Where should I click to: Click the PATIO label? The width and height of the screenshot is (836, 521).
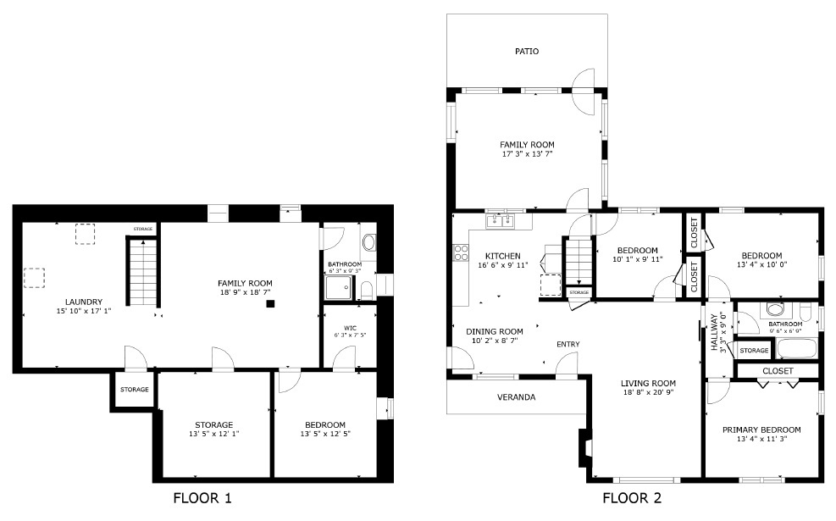526,51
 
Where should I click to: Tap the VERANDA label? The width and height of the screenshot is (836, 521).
516,397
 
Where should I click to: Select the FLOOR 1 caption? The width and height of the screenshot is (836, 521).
202,499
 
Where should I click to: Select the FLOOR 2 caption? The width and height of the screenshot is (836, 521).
632,499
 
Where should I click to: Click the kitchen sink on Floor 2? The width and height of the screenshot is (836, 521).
500,221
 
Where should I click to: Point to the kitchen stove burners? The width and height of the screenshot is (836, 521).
461,252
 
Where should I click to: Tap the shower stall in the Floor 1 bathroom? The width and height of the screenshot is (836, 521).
339,288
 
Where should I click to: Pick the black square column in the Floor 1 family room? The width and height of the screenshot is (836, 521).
270,304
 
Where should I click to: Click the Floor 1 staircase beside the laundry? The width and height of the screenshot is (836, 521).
143,273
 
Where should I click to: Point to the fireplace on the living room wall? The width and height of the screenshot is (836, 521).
585,448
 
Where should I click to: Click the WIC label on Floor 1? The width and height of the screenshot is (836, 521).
351,328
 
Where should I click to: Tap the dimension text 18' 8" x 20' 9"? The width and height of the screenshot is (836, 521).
648,392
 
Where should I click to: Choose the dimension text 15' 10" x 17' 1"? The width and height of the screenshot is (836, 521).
84,311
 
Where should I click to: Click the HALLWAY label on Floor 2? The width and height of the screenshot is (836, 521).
714,332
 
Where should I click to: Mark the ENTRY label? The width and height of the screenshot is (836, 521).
567,345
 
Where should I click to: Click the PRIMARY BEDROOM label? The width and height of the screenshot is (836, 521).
761,430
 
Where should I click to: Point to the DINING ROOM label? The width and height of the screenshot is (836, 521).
495,331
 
